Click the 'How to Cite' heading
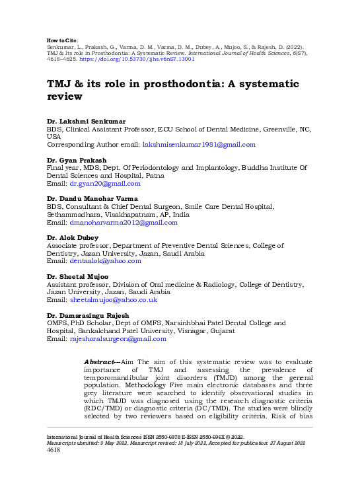click(x=63, y=40)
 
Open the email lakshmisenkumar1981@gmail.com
click(x=199, y=145)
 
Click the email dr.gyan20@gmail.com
click(x=105, y=184)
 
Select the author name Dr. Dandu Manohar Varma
click(x=92, y=199)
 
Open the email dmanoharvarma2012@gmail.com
click(x=124, y=223)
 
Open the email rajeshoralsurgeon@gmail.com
click(x=118, y=339)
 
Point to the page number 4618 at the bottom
click(x=54, y=450)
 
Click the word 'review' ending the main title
click(x=64, y=96)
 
